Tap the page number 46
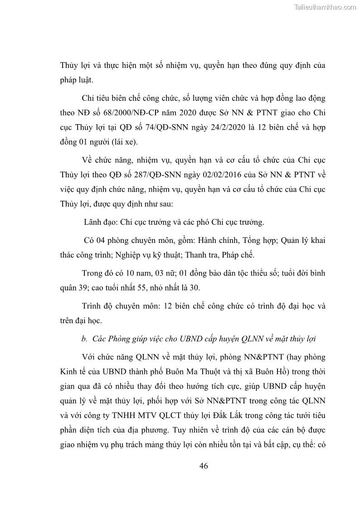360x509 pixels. [204, 465]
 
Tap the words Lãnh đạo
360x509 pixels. [99, 222]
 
